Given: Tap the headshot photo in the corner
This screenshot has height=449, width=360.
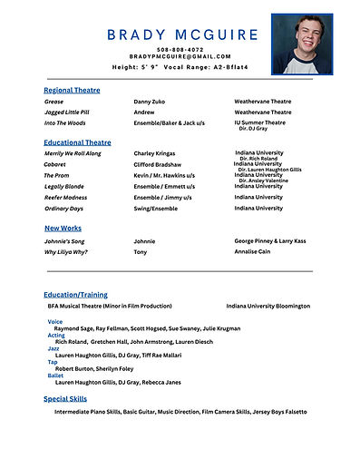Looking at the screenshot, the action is [302, 44].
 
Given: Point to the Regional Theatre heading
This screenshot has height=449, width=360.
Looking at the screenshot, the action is [72, 91].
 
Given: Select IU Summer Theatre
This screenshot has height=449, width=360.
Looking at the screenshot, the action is [259, 122].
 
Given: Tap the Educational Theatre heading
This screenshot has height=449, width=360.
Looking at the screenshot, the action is [77, 142].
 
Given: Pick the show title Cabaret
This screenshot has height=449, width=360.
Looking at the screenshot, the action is [57, 164].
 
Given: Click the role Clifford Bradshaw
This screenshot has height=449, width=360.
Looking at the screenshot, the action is [159, 164].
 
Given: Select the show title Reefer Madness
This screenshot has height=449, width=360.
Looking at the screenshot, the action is [66, 197].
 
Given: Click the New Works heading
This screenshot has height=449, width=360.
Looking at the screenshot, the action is [63, 229].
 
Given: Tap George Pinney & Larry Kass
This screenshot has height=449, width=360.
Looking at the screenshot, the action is [270, 241].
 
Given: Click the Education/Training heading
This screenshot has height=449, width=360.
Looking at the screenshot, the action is [75, 295].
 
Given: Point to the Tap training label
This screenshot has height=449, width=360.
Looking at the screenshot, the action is [53, 361].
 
